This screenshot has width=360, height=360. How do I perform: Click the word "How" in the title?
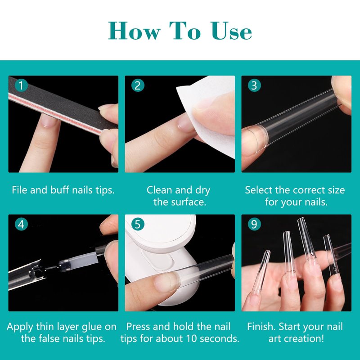click(134, 31)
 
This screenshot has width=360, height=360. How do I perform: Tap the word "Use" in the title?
click(231, 31)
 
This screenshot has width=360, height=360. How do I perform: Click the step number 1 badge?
click(21, 85)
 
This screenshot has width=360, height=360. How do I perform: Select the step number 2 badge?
click(138, 85)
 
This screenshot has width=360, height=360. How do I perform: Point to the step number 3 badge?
click(254, 85)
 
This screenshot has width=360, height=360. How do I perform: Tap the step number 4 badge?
click(21, 224)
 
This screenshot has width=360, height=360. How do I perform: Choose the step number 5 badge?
click(138, 224)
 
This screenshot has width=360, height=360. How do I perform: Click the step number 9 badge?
click(254, 224)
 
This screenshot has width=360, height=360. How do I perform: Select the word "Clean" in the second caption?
click(159, 190)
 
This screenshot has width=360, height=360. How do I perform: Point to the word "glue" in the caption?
click(92, 327)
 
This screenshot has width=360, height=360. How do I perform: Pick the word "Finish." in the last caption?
click(261, 327)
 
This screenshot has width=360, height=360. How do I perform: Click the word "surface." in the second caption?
click(180, 202)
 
